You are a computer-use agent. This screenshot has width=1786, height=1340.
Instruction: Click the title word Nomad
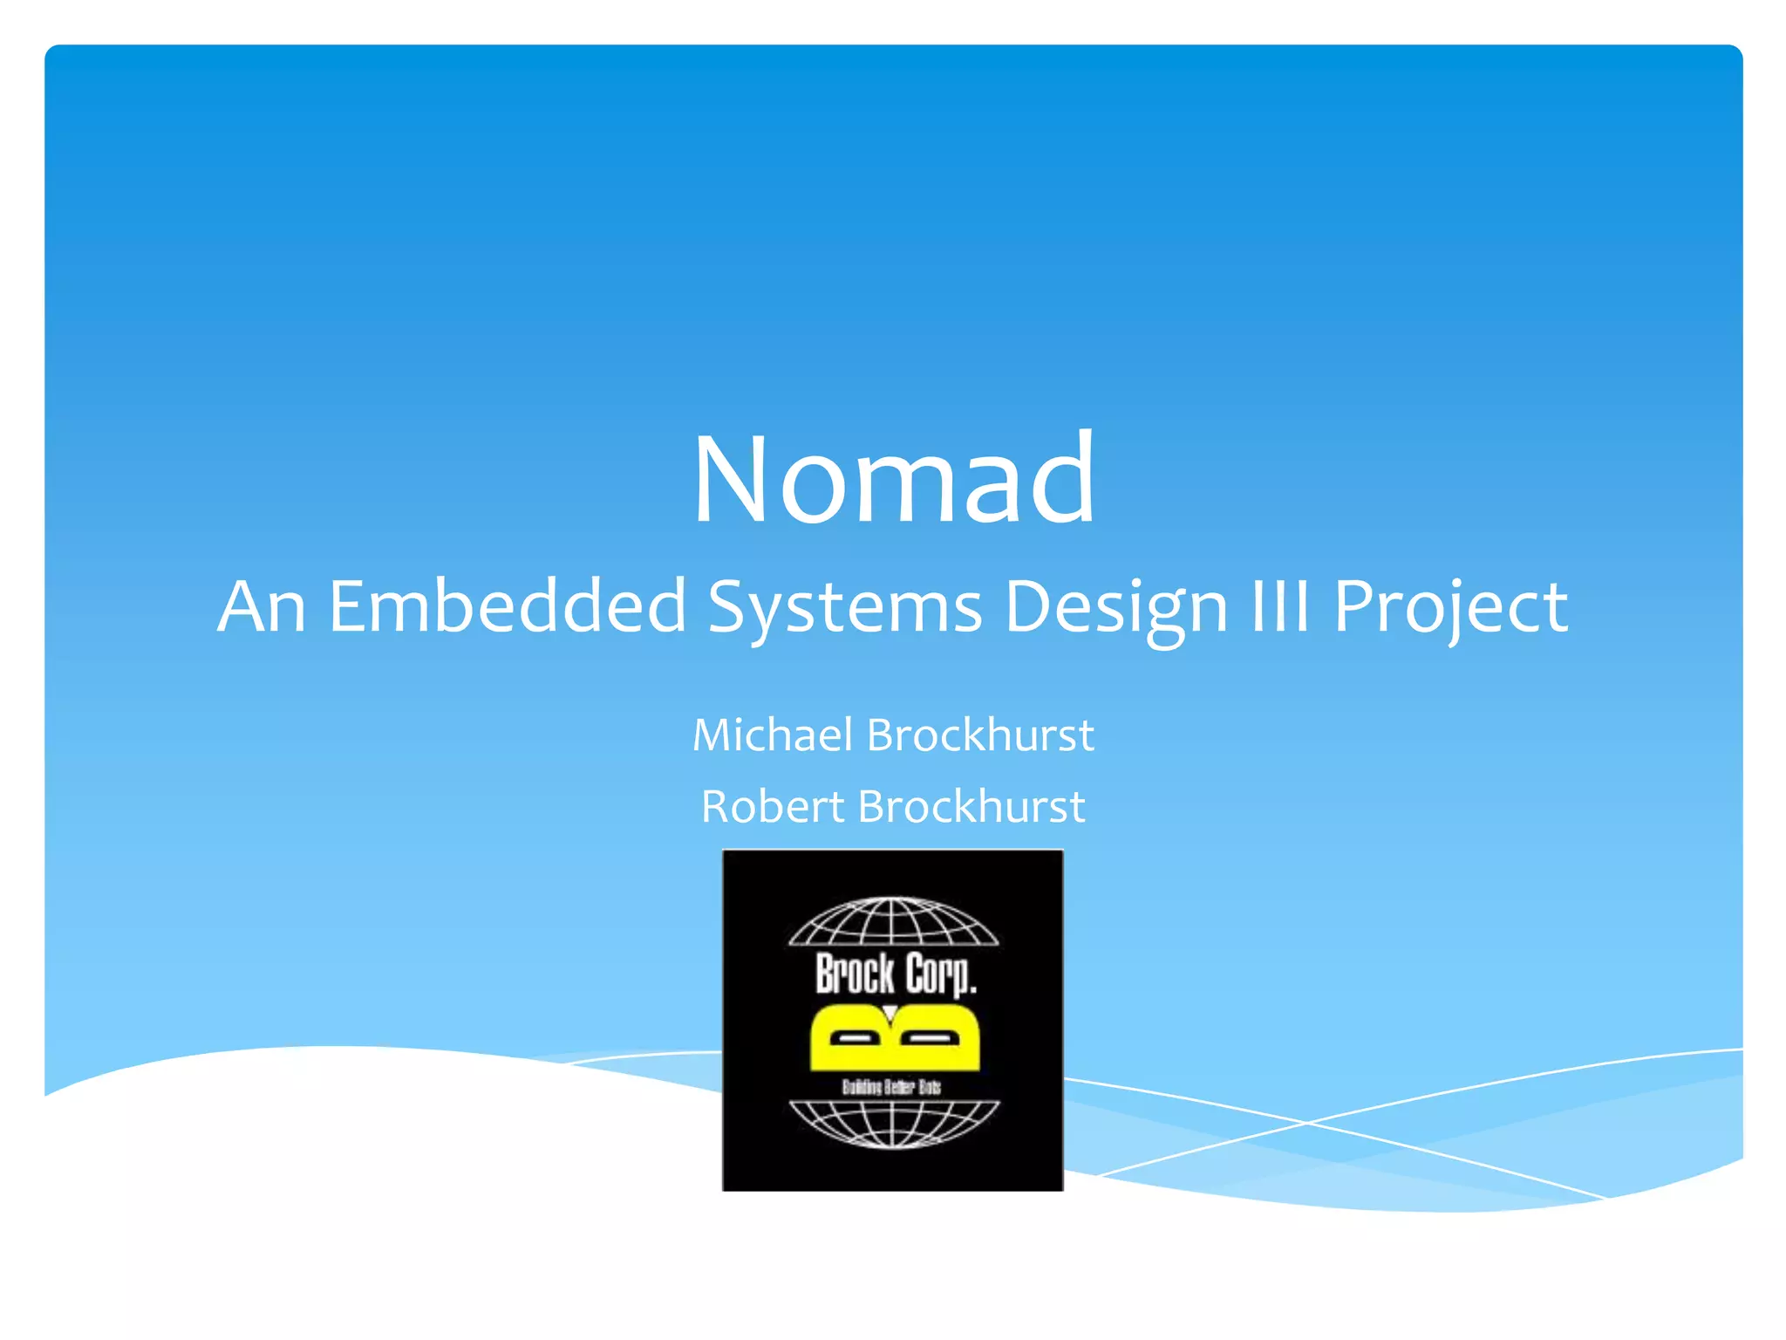[893, 479]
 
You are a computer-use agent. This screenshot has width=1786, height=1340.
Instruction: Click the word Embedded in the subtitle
[508, 605]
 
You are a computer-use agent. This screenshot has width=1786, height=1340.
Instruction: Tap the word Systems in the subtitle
[844, 605]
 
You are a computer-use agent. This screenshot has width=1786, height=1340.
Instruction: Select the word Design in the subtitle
[1116, 605]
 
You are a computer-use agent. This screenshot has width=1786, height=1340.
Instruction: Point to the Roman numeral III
[1279, 605]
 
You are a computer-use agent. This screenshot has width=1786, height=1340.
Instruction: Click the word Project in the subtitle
[1450, 605]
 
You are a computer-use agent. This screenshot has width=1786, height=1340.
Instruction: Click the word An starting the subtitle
[261, 605]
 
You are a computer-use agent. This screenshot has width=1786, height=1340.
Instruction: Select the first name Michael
[772, 735]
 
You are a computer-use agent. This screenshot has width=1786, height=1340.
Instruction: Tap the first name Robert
[772, 806]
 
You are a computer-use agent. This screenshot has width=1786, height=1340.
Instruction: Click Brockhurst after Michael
[980, 735]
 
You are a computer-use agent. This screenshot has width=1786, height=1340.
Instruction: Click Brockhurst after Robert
[971, 806]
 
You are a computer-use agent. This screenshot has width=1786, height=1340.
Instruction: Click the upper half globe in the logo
[893, 922]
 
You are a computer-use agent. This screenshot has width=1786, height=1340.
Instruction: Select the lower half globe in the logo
[893, 1123]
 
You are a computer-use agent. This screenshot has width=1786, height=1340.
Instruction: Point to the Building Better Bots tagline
[891, 1087]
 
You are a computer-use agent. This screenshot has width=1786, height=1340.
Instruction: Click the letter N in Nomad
[733, 479]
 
